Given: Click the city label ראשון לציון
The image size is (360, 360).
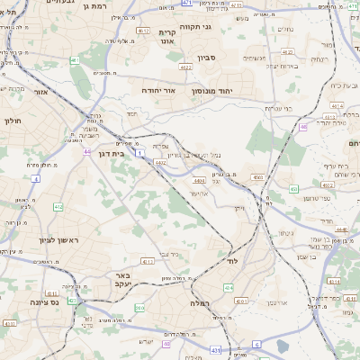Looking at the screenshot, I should point(35,240).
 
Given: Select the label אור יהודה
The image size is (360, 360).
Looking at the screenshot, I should point(162,91).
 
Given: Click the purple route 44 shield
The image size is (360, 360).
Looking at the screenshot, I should point(86,151).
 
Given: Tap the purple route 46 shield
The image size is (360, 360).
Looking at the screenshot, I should point(303,127).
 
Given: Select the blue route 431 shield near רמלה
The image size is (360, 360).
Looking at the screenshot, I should point(215,349).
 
